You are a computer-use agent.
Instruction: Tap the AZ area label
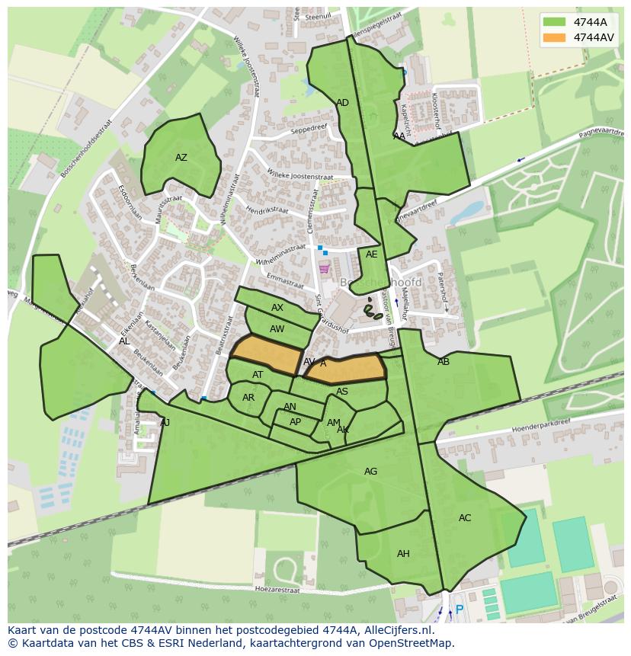coord(181,158)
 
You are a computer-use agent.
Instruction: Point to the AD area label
coord(342,103)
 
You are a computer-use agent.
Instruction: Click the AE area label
coord(371,254)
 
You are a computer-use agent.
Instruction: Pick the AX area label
coord(277,308)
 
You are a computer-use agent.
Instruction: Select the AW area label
coord(277,329)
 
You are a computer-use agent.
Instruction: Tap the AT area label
coord(258,375)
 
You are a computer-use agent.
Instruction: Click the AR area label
coord(248,398)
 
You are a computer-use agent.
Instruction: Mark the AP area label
coord(295,422)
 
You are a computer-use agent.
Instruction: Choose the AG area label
coord(370,472)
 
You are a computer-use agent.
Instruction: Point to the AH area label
coord(403,554)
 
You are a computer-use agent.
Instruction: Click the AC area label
coord(465,518)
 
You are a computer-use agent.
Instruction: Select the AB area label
coord(444,362)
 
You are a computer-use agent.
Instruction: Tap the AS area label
coord(342,392)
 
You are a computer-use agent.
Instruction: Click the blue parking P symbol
coord(459,610)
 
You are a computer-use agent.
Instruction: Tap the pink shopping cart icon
coord(324,268)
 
